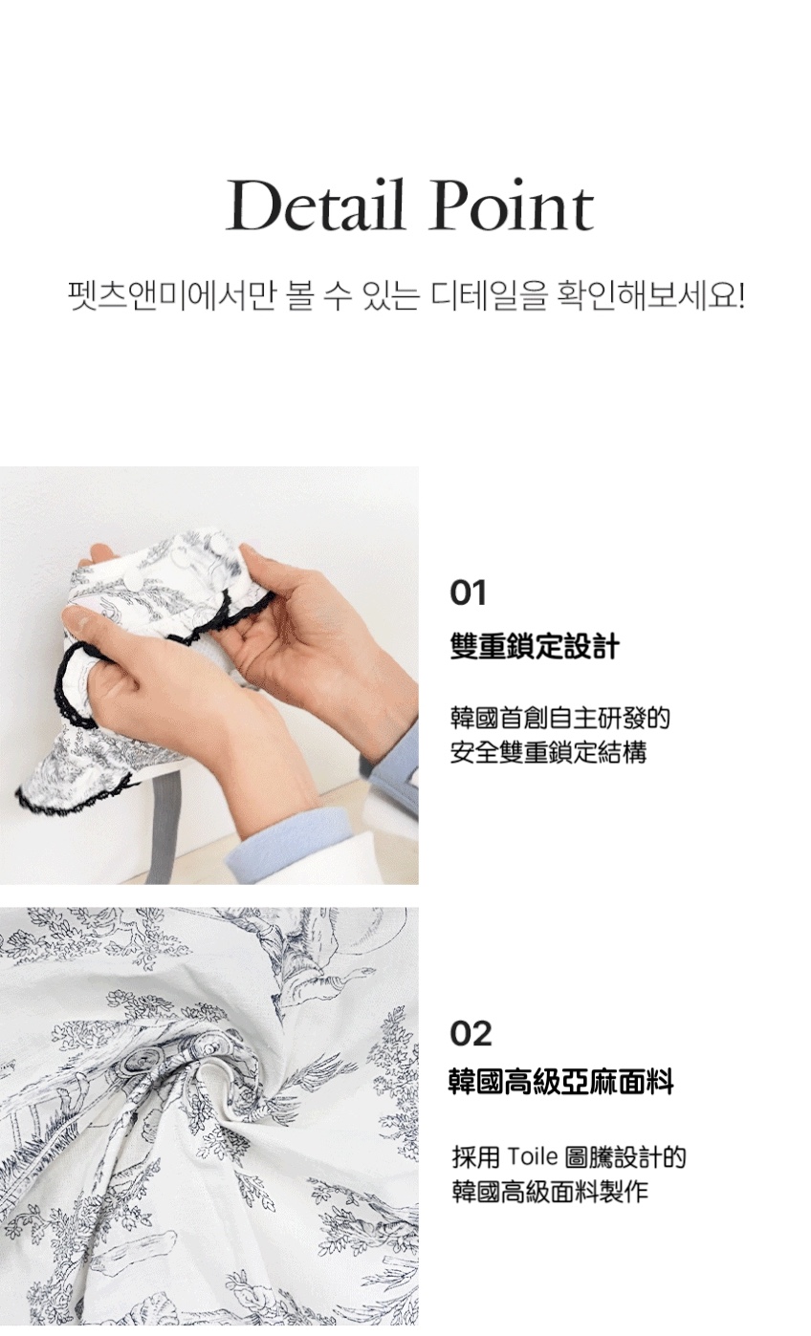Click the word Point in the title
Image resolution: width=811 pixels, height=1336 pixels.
pyautogui.click(x=513, y=205)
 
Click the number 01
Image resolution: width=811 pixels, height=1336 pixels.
pyautogui.click(x=469, y=593)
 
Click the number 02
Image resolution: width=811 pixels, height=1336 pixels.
pyautogui.click(x=471, y=1034)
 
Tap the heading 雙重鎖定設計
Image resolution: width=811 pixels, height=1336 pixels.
pyautogui.click(x=535, y=646)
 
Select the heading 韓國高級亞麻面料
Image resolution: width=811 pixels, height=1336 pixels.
pyautogui.click(x=561, y=1082)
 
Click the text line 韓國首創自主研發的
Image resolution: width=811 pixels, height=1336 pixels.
pyautogui.click(x=560, y=718)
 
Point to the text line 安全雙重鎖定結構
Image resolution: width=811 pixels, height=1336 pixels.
pyautogui.click(x=548, y=752)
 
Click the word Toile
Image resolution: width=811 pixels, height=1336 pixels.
pyautogui.click(x=533, y=1157)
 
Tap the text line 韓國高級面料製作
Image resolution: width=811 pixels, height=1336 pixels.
pyautogui.click(x=550, y=1192)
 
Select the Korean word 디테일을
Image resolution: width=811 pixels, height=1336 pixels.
pyautogui.click(x=489, y=295)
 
